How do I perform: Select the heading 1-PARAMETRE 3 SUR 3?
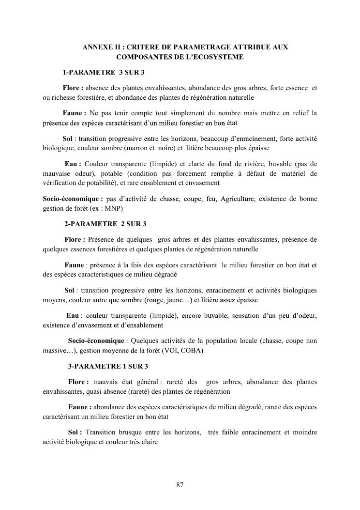coord(104,73)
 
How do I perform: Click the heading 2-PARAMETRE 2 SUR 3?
coord(105,224)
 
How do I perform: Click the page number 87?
coord(180,485)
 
